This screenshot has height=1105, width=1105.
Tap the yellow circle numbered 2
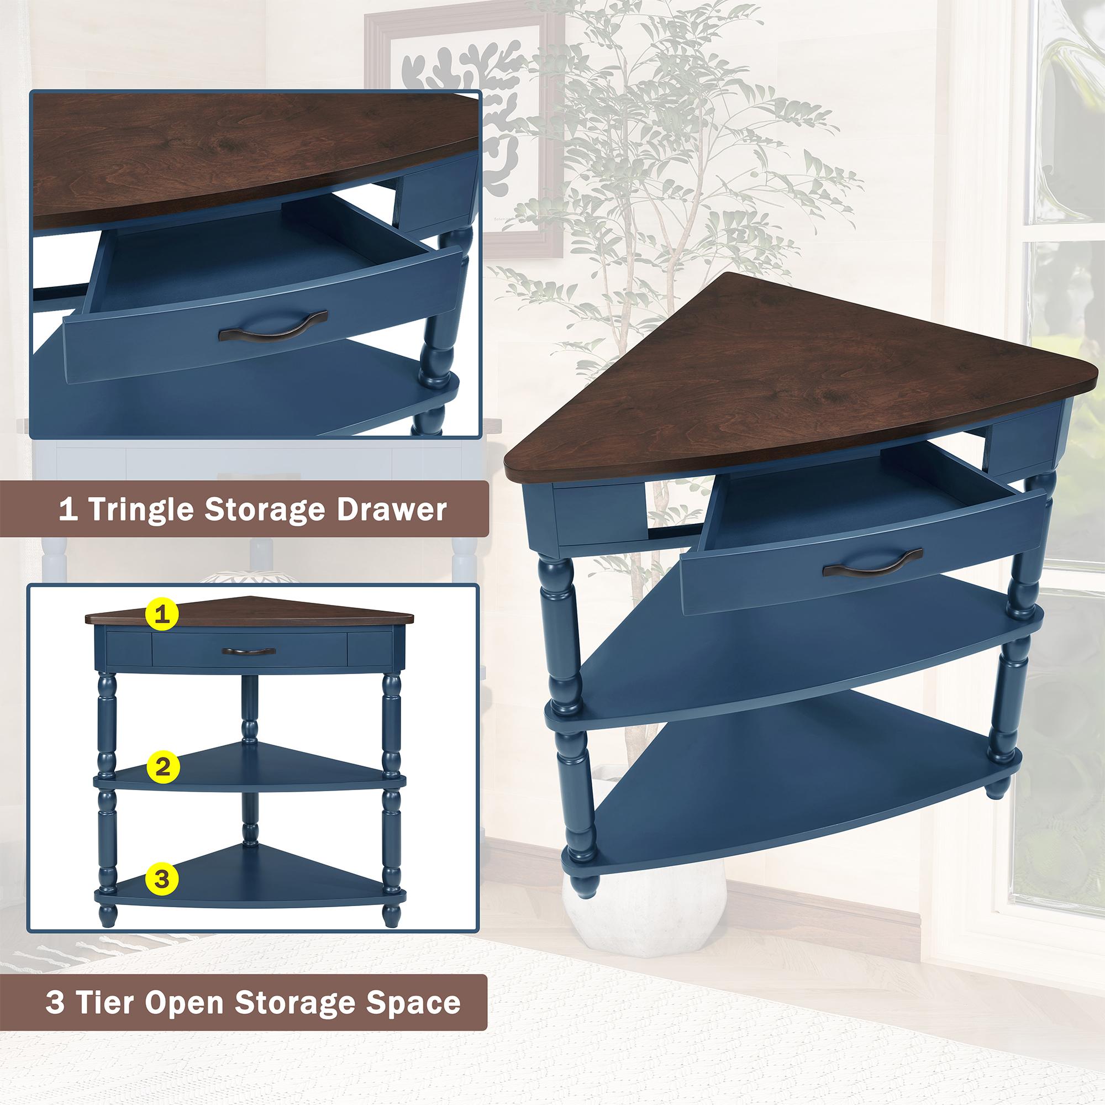point(163,766)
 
